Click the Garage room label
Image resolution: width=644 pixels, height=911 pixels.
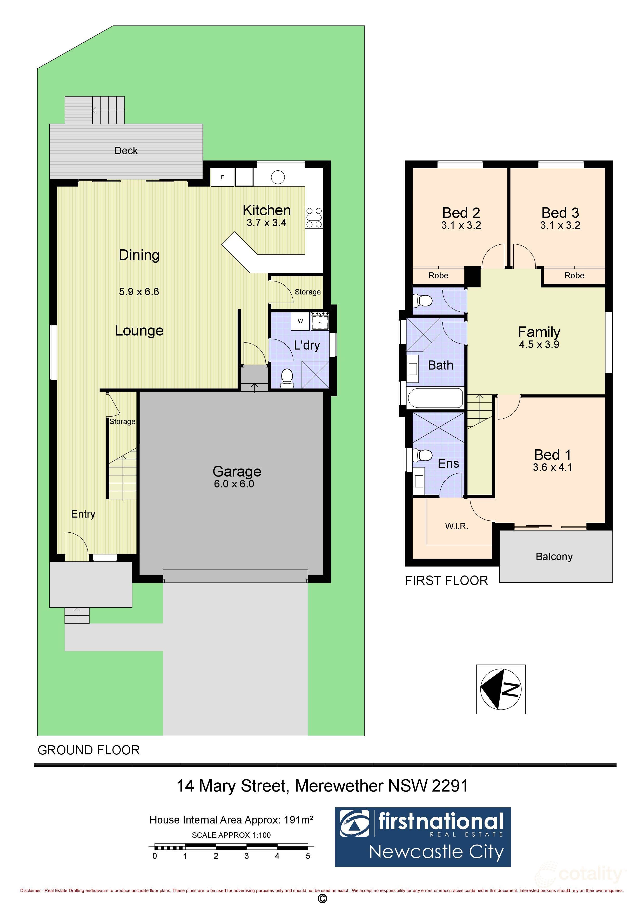coord(237,471)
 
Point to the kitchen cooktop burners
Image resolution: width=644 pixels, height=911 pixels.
coord(314,218)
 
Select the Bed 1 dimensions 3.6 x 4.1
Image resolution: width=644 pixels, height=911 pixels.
coord(552,467)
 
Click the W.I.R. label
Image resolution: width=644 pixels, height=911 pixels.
coord(456,526)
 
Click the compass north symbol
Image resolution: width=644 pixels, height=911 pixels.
coord(500,689)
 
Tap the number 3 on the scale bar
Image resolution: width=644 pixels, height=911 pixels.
coord(246,856)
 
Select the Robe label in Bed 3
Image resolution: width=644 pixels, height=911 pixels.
coord(574,275)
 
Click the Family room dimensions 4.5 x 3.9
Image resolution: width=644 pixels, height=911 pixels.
coord(539,344)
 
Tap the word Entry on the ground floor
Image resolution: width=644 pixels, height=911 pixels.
coord(83,514)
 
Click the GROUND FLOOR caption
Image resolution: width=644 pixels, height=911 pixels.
coord(89,750)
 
